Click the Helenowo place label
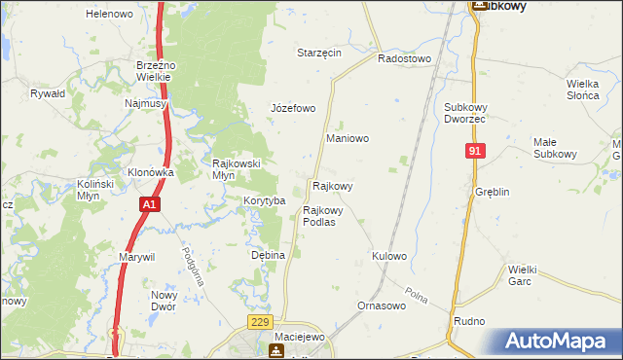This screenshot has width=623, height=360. (x=109, y=14)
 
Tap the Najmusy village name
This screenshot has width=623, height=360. (x=146, y=102)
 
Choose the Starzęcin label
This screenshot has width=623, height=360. (x=319, y=53)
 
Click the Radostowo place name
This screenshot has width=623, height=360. (x=403, y=58)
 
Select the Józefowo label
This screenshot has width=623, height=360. (x=293, y=108)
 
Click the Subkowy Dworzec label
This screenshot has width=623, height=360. (x=470, y=112)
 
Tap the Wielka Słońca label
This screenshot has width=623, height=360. (x=588, y=89)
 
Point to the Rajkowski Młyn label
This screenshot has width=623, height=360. (x=238, y=169)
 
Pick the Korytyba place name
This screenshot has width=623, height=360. (x=264, y=200)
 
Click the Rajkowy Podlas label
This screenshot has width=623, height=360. (x=322, y=216)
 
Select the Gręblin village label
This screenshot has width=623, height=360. (x=493, y=192)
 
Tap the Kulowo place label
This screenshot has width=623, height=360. (x=388, y=256)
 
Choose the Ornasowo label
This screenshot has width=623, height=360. (x=381, y=306)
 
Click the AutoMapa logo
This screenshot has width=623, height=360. (x=558, y=342)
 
